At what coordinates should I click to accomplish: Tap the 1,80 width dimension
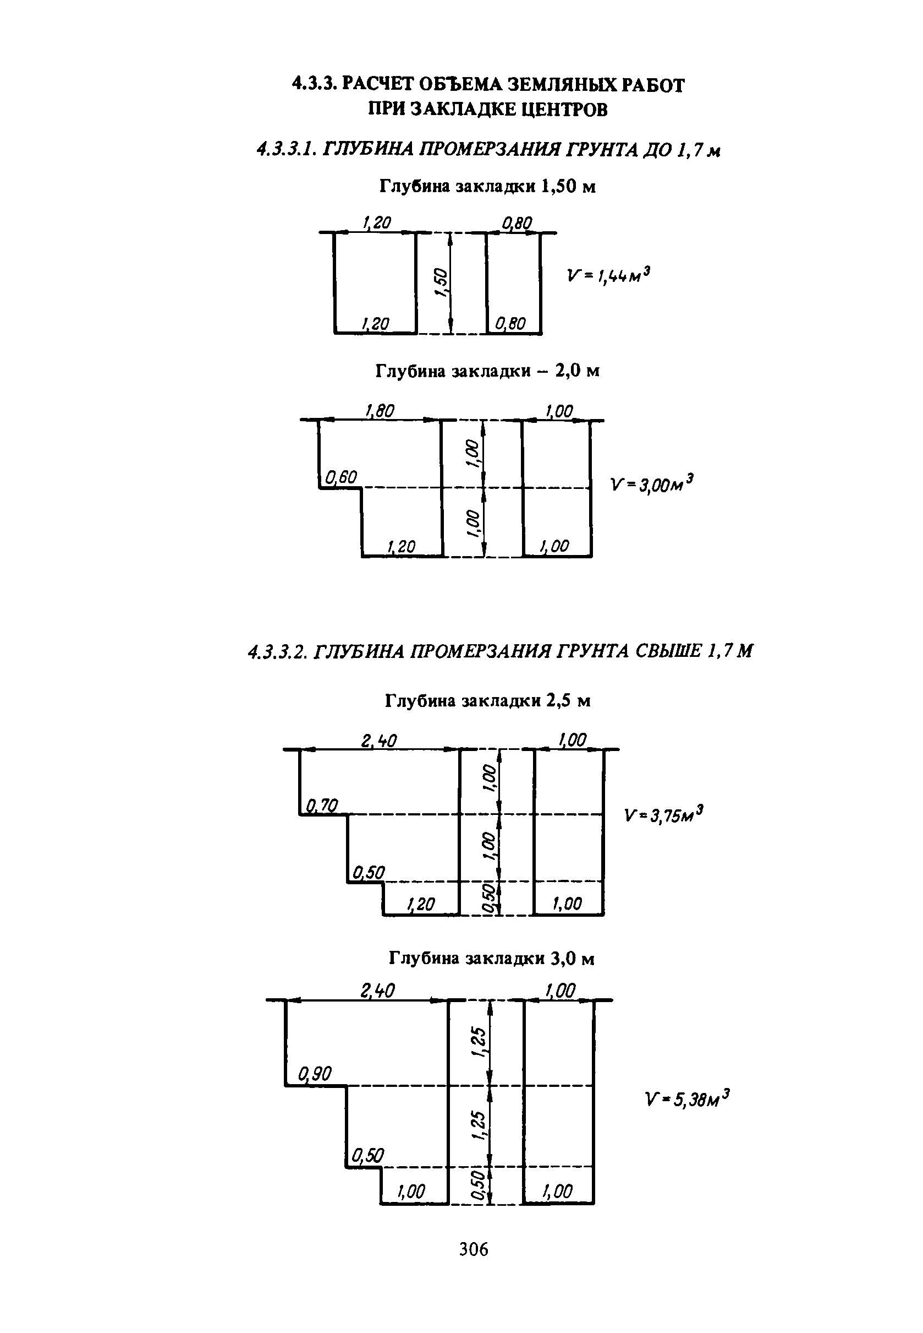pos(380,411)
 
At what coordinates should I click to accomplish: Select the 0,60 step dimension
pos(341,477)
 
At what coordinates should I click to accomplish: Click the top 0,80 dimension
pos(517,223)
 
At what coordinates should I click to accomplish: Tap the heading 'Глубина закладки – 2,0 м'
pos(487,371)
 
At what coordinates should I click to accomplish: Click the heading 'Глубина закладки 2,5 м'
pos(487,701)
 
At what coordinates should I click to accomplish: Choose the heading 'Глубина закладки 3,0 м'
pos(491,959)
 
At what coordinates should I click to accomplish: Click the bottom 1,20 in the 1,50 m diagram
pos(375,324)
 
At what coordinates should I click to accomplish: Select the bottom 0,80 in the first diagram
pos(510,324)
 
